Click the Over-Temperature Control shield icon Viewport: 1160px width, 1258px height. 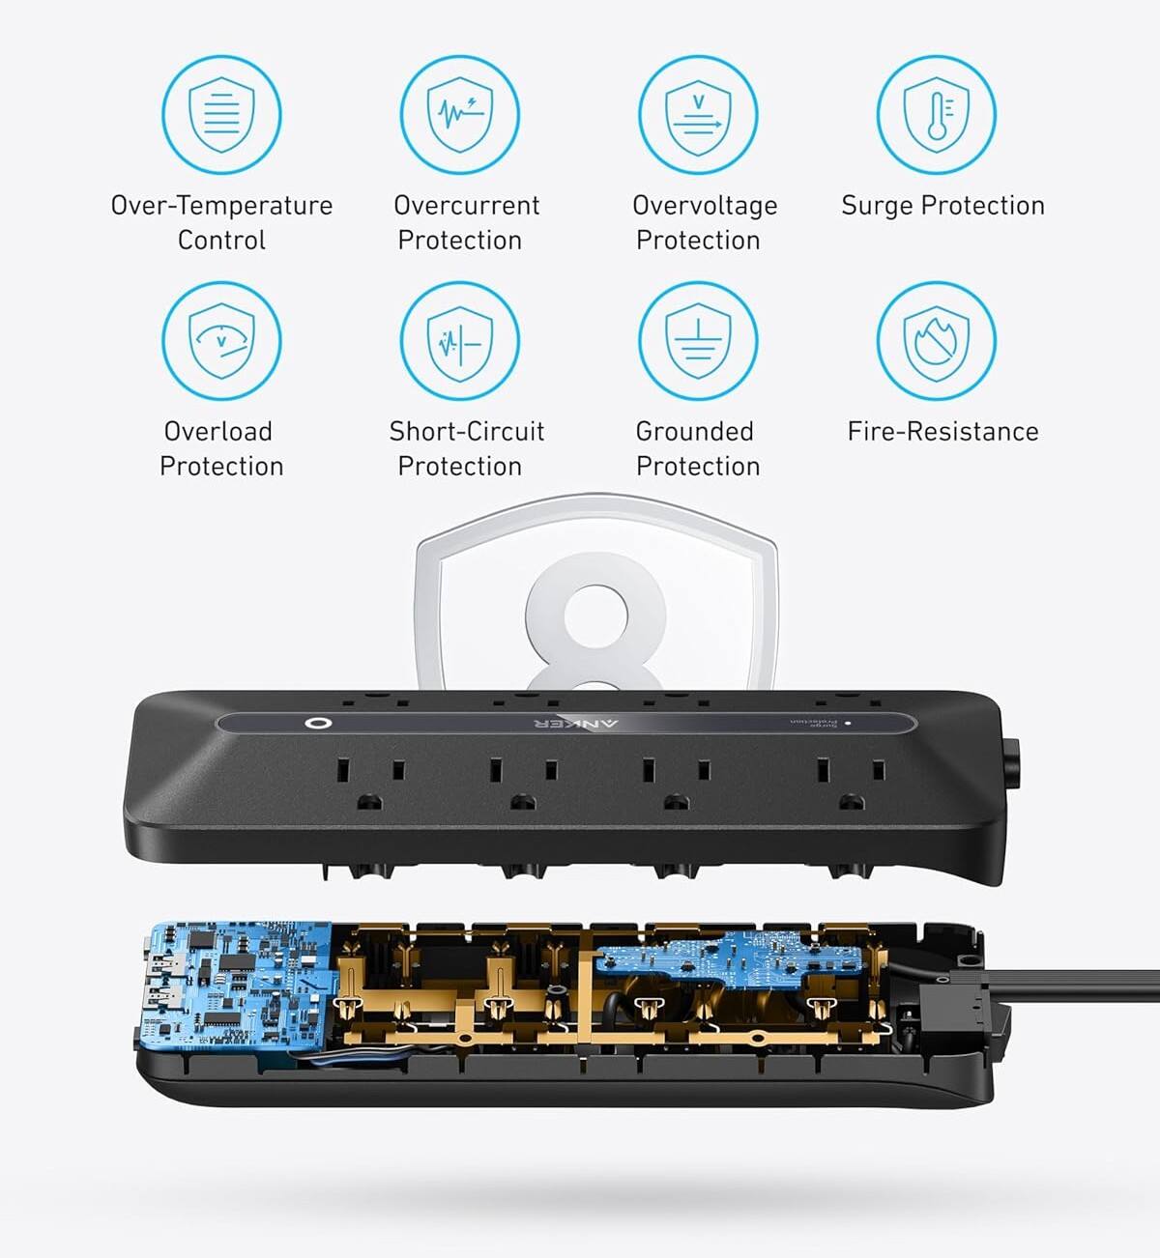221,115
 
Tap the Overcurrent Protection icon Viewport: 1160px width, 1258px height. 460,115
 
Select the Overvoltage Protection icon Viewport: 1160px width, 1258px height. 698,115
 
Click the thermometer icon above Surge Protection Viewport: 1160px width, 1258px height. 936,115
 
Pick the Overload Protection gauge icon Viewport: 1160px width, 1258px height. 221,341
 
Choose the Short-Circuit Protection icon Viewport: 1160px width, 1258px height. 460,341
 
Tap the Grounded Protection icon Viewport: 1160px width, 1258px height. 698,341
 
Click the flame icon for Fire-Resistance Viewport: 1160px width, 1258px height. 936,341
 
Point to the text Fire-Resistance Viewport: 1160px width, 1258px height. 942,432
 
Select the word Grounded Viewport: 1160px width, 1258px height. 694,432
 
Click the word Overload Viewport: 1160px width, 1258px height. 217,432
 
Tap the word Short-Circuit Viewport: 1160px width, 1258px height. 466,432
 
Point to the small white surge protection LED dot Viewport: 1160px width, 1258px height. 848,723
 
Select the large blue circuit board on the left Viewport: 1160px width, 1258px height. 237,986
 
